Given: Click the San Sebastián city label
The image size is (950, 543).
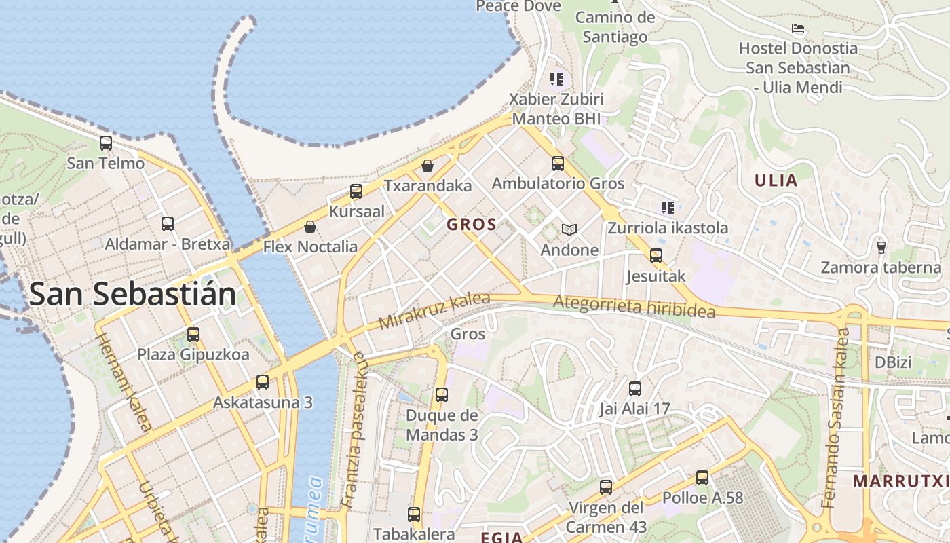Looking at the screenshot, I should pyautogui.click(x=133, y=295).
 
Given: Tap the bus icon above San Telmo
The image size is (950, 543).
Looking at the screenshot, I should pyautogui.click(x=105, y=143).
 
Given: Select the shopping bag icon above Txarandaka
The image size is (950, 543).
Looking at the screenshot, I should pyautogui.click(x=427, y=165).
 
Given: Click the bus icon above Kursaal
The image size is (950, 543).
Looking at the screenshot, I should pyautogui.click(x=356, y=191).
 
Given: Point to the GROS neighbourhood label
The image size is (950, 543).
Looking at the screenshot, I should pyautogui.click(x=472, y=225).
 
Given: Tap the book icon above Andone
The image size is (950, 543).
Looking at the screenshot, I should pyautogui.click(x=569, y=230).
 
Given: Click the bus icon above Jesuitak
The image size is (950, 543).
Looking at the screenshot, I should pyautogui.click(x=655, y=256).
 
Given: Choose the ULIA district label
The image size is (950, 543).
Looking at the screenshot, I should pyautogui.click(x=776, y=181).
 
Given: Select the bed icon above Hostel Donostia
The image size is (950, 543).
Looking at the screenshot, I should pyautogui.click(x=798, y=29).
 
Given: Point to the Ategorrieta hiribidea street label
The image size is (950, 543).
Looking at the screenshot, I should pyautogui.click(x=634, y=306).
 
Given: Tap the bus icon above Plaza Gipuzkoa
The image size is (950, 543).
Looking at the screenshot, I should pyautogui.click(x=193, y=334).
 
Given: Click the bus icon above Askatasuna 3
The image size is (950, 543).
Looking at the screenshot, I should pyautogui.click(x=263, y=382).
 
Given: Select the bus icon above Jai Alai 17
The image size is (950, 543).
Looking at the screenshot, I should pyautogui.click(x=634, y=389).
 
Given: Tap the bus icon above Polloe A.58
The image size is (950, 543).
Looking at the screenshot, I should pyautogui.click(x=702, y=478).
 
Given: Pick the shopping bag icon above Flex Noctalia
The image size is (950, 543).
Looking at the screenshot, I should pyautogui.click(x=310, y=227).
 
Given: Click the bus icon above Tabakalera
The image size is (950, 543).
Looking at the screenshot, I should pyautogui.click(x=413, y=514).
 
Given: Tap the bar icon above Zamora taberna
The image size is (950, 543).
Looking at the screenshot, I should pyautogui.click(x=881, y=247).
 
